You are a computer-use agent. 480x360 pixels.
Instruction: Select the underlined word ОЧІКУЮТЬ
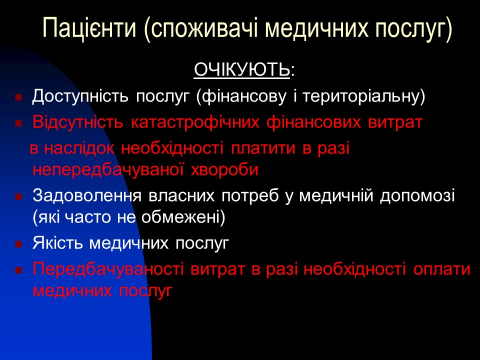[241, 71]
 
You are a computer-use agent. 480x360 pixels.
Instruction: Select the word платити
[263, 148]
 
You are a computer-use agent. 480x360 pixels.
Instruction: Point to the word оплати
[442, 269]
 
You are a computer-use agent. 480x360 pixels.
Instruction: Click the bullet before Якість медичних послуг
[18, 245]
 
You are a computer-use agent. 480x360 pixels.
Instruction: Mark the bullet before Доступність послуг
[18, 97]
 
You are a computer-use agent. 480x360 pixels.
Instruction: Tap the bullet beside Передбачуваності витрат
[18, 270]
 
